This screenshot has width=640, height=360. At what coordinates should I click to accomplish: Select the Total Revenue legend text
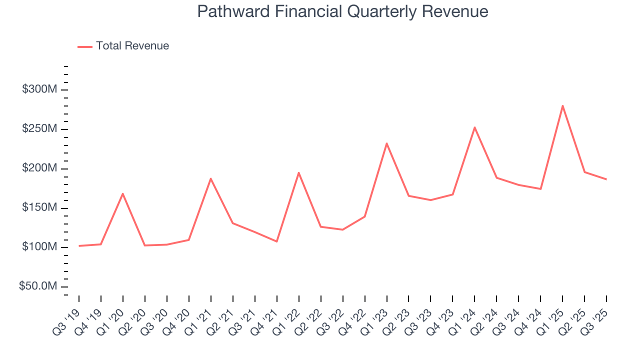click(132, 46)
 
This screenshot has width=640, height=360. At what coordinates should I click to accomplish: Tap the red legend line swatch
click(85, 46)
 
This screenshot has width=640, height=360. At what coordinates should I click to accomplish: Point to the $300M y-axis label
click(39, 89)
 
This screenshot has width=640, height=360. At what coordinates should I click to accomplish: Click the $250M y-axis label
click(39, 129)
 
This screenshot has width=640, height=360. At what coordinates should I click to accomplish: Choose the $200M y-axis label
click(39, 168)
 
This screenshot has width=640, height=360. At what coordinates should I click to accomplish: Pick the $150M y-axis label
click(39, 208)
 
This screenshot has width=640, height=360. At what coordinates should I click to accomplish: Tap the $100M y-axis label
click(39, 247)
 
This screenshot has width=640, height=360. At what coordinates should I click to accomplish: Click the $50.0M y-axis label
click(38, 286)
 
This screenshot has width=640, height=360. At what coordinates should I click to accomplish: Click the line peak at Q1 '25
click(562, 105)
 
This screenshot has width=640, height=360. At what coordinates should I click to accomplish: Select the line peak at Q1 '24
click(474, 127)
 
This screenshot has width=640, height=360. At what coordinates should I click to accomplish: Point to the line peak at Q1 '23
click(386, 143)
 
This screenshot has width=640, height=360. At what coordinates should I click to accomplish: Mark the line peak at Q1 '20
click(122, 193)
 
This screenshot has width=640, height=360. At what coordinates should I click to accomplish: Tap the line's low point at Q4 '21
click(276, 241)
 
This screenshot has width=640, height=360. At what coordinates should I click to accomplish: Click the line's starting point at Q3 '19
click(79, 246)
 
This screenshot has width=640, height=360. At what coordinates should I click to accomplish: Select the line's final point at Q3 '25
click(606, 179)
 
